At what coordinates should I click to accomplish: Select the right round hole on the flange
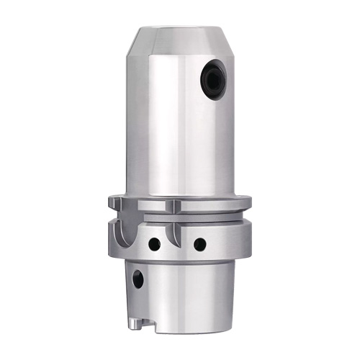click(199, 244)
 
